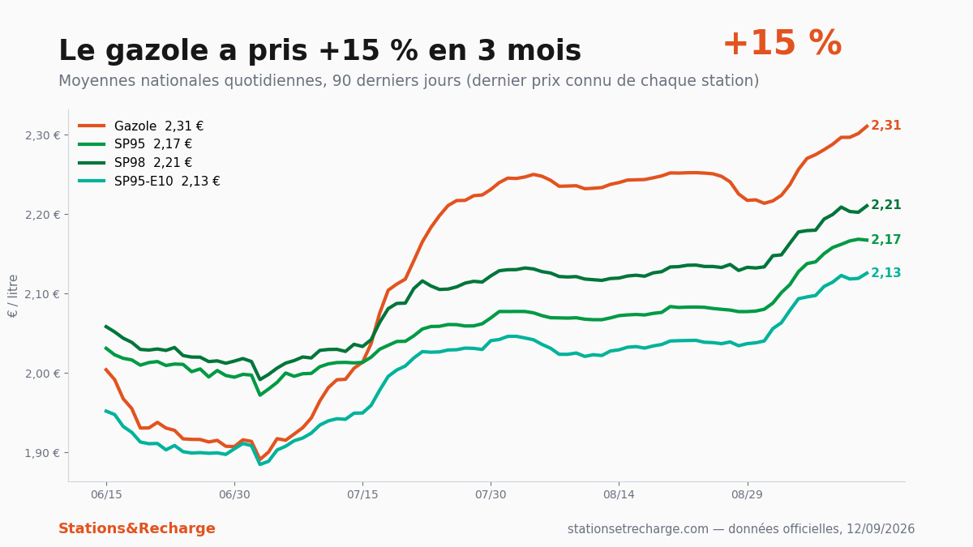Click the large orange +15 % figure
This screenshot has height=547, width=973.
[x=782, y=44]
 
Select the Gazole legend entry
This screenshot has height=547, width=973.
[x=141, y=126]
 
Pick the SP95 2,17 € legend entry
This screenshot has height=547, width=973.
[x=135, y=144]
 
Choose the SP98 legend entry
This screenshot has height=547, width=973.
[x=135, y=163]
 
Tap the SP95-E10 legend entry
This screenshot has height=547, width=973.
[x=149, y=181]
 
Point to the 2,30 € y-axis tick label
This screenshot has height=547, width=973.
[x=42, y=136]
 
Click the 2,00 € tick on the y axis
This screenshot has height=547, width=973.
[x=42, y=374]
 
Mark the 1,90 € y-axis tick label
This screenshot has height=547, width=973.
[x=42, y=453]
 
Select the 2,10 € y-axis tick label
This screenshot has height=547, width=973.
[x=42, y=294]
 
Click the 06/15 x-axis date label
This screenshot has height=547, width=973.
[x=106, y=495]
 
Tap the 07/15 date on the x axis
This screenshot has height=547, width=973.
[x=362, y=495]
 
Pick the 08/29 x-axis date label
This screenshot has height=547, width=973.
[x=747, y=495]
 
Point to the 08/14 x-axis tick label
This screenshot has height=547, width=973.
[x=619, y=495]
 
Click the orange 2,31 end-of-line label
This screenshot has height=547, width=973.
[x=886, y=126]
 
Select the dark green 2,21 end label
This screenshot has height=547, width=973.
[x=886, y=205]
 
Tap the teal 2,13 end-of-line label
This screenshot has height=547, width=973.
[x=886, y=272]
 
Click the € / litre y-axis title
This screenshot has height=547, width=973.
[x=13, y=296]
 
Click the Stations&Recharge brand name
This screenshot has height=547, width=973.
[x=137, y=528]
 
